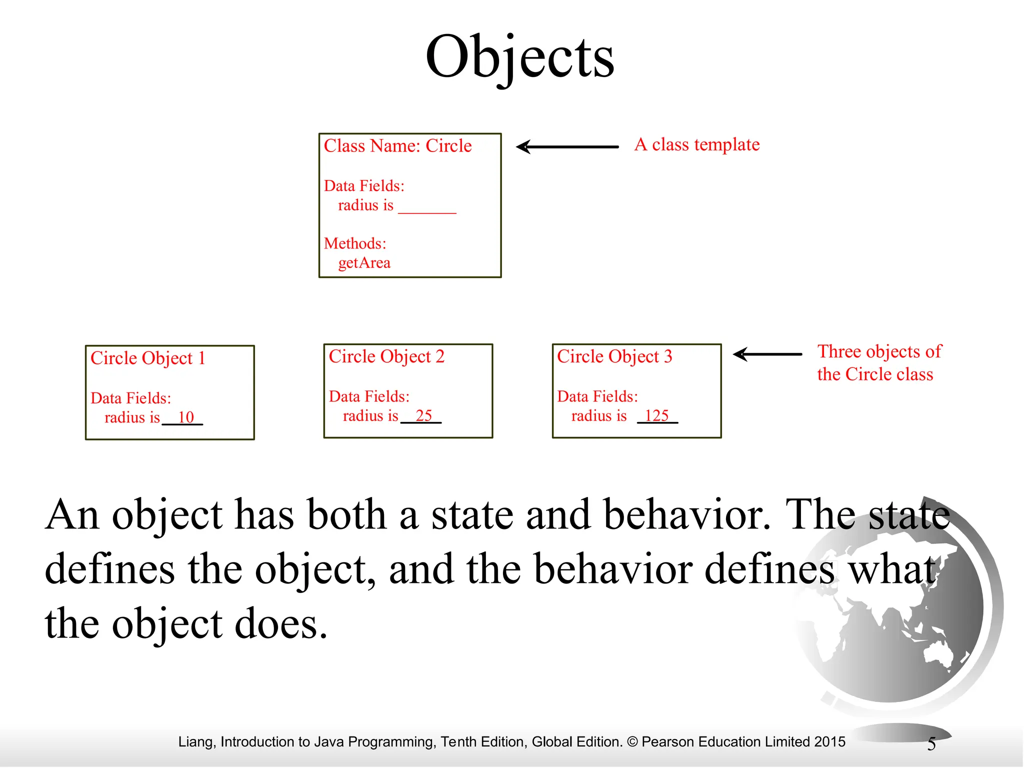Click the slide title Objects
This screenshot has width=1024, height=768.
pyautogui.click(x=519, y=57)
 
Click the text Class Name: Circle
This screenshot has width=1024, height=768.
pyautogui.click(x=397, y=146)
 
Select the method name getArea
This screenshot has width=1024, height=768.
pyautogui.click(x=364, y=263)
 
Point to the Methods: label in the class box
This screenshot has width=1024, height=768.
pyautogui.click(x=355, y=243)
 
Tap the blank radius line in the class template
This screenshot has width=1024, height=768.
pyautogui.click(x=427, y=210)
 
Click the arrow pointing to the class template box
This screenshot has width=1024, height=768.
pyautogui.click(x=567, y=147)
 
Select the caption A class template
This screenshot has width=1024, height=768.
pyautogui.click(x=697, y=145)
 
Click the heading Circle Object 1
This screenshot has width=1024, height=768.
pyautogui.click(x=148, y=358)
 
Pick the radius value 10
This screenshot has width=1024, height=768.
pyautogui.click(x=185, y=417)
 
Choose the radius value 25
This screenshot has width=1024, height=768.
pyautogui.click(x=423, y=416)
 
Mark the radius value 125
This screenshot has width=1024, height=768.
pyautogui.click(x=656, y=416)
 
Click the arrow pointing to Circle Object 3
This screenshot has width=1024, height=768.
pyautogui.click(x=767, y=354)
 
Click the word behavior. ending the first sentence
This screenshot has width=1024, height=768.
pyautogui.click(x=687, y=515)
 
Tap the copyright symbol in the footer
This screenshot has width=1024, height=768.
pyautogui.click(x=632, y=742)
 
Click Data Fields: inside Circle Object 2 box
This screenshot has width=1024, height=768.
pyautogui.click(x=369, y=397)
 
